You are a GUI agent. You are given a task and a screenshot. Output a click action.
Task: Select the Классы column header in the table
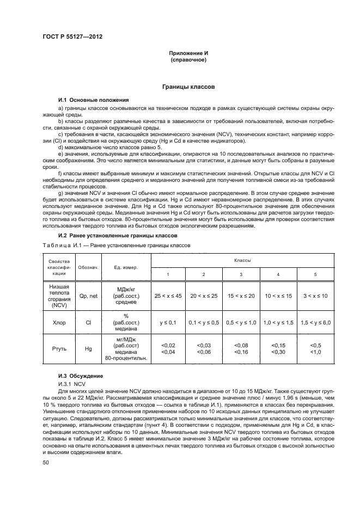241,261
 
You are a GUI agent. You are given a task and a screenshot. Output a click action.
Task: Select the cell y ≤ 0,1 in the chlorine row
169,322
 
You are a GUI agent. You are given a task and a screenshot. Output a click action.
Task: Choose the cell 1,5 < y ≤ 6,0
315,322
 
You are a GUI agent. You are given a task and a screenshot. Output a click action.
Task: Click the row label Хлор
59,322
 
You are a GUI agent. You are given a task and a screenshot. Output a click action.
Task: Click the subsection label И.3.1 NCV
72,384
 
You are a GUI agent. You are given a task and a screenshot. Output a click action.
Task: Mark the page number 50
46,462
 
